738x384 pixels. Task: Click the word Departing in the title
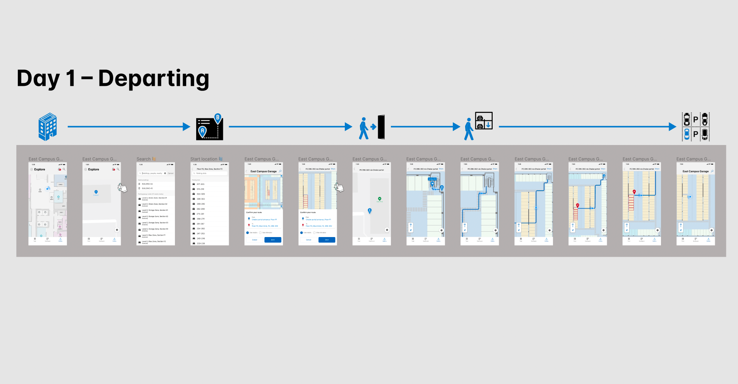pos(154,79)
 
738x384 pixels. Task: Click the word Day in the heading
pos(38,79)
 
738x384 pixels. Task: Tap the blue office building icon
pos(48,126)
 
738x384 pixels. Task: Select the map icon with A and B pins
pos(209,127)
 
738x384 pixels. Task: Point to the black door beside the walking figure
pos(381,127)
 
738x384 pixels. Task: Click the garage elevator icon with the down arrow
pos(484,121)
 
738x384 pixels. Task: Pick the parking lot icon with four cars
pos(695,127)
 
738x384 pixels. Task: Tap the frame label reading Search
pos(144,159)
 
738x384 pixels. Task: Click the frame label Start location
pos(204,159)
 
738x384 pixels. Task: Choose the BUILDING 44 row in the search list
pos(147,184)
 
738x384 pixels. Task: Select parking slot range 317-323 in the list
pos(200,184)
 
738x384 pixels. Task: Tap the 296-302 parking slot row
pos(200,199)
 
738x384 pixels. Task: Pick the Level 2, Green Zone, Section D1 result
pos(154,198)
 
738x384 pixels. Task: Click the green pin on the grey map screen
pos(379,199)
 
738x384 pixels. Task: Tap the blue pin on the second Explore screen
pos(96,192)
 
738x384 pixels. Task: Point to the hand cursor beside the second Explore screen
pos(123,188)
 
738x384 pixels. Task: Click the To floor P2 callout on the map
pos(432,179)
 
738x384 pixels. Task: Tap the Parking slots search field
pos(209,173)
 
